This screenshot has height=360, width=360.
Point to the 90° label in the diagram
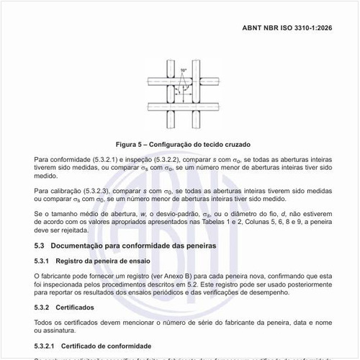click(x=184, y=70)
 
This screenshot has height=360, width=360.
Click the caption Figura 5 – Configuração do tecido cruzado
click(x=179, y=143)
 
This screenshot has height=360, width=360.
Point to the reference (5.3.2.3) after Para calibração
click(x=102, y=190)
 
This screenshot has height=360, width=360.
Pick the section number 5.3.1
click(x=42, y=261)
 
